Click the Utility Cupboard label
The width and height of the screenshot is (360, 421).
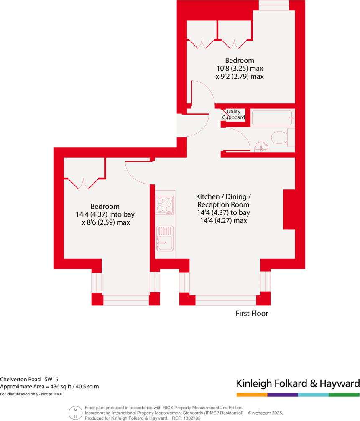[233, 115]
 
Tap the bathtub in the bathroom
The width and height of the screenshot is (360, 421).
[272, 118]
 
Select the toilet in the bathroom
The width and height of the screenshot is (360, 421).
[279, 137]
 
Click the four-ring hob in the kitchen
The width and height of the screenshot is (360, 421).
[164, 205]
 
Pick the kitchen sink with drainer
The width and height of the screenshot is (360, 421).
[164, 238]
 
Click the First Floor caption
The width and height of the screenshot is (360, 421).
[252, 313]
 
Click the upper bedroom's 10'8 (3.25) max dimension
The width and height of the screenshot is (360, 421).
[240, 69]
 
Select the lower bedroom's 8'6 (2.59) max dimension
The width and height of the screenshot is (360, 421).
[106, 222]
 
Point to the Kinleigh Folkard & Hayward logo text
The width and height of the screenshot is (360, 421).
[298, 383]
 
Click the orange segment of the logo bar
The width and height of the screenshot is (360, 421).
[252, 395]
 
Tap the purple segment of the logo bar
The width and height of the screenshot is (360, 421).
[283, 395]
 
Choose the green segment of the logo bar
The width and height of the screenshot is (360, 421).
[344, 395]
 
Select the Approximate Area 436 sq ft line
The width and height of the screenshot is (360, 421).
[49, 386]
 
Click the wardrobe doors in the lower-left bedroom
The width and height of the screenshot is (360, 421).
[84, 183]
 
